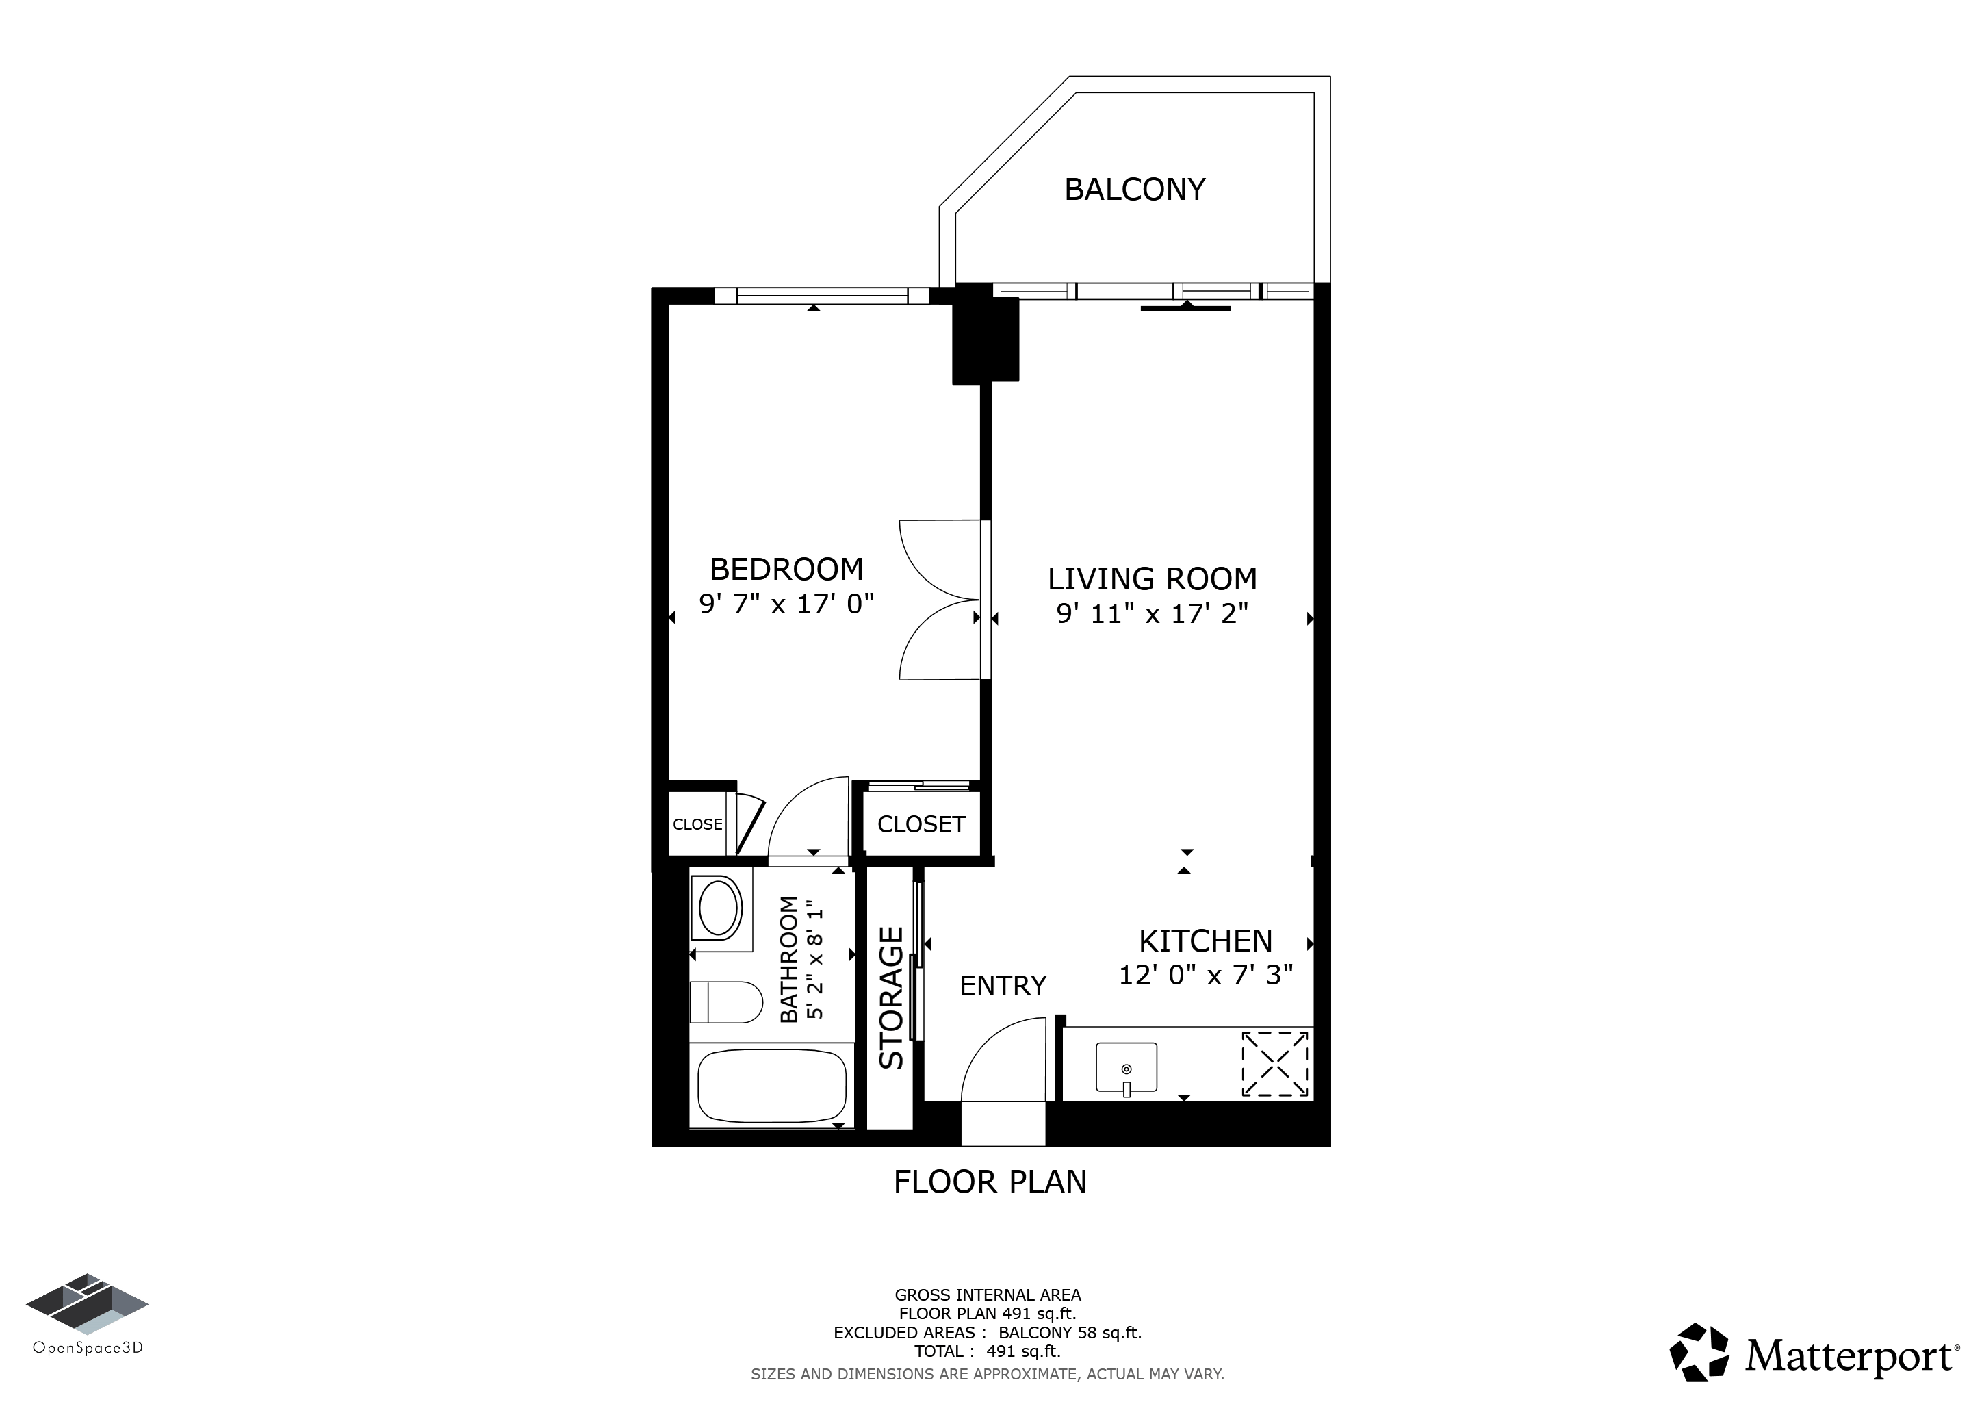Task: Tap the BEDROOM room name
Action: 786,569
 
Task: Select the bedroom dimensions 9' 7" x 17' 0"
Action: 786,603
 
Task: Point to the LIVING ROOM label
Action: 1153,578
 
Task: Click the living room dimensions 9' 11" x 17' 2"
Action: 1153,613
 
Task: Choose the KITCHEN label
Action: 1206,940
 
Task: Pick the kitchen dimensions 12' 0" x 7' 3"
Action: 1206,975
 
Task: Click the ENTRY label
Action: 1003,985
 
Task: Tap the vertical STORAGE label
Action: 891,998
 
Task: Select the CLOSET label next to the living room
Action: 921,824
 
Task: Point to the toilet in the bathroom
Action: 727,1002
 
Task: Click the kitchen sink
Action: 1127,1068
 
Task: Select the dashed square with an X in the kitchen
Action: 1275,1064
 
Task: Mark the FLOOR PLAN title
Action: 990,1182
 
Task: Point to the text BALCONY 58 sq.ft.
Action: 1070,1333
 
